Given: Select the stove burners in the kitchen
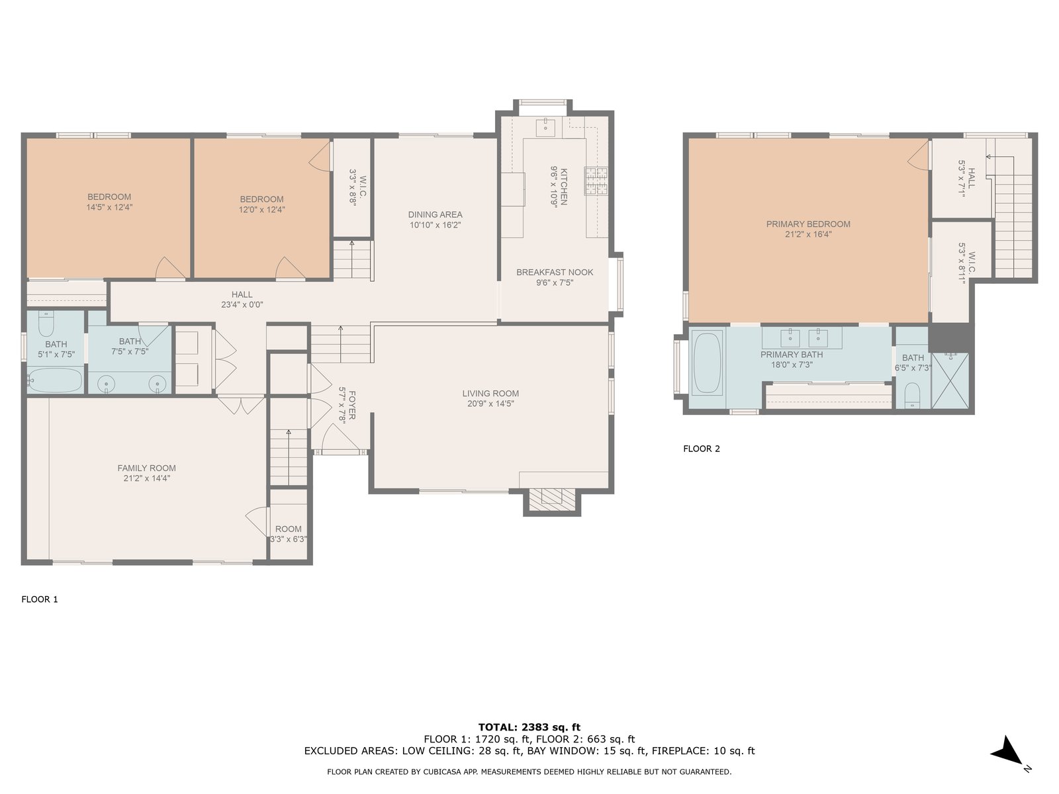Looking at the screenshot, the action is point(597,181).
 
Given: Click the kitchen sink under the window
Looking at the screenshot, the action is point(545,127).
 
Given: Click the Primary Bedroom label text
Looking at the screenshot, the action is point(808,224).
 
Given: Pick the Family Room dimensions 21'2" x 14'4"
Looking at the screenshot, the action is point(147,478).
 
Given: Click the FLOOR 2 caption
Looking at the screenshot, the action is point(702,449).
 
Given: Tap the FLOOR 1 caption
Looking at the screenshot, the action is point(40,599).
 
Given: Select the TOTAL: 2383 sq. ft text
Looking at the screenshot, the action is point(529,727).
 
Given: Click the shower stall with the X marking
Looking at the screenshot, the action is point(950,381).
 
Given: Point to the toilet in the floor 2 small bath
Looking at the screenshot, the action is point(912,395).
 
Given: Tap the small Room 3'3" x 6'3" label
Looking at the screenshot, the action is point(288,534).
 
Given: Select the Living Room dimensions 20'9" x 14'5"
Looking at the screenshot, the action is point(490,404).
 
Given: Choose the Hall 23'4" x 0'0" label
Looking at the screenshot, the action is point(242,299).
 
